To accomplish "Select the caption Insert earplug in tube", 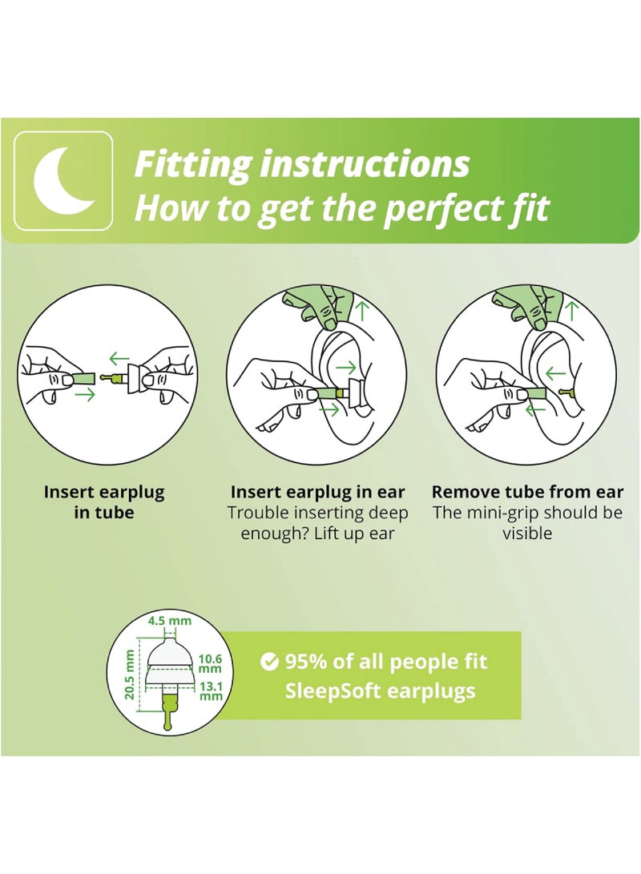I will (x=103, y=501).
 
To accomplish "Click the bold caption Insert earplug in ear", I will (x=317, y=492).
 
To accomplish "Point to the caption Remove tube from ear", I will (x=536, y=492).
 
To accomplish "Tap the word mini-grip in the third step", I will (x=498, y=513).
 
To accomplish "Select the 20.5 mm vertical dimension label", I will (x=129, y=675).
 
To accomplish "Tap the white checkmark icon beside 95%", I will (x=270, y=662).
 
